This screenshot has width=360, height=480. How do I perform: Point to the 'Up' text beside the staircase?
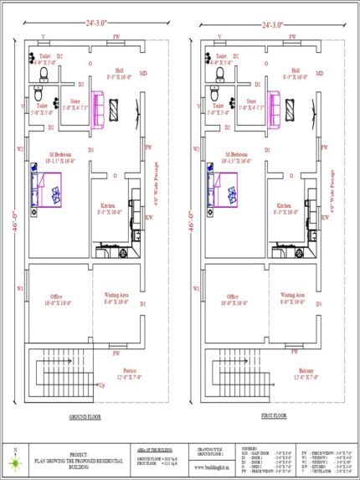(x=102, y=385)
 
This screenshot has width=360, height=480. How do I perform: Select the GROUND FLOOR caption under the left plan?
(x=87, y=415)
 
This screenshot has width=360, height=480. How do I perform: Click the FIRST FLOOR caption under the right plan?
(x=272, y=415)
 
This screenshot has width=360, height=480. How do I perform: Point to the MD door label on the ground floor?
(x=143, y=74)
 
